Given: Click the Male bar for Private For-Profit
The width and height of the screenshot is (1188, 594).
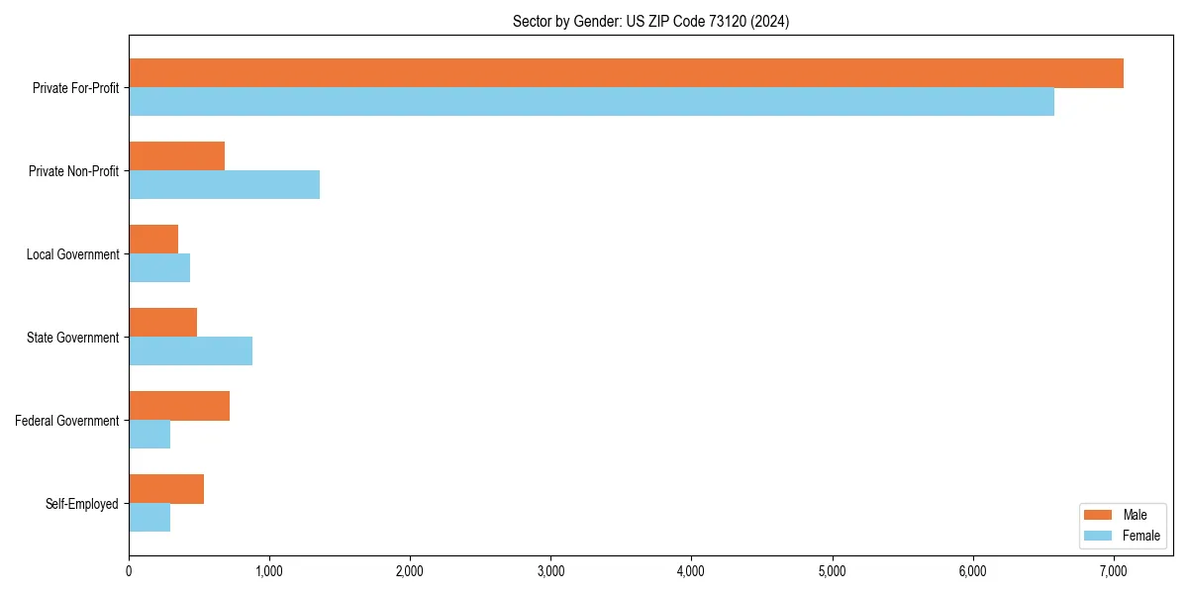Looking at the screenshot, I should (626, 73).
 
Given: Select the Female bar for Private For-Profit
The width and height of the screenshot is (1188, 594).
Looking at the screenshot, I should (591, 102).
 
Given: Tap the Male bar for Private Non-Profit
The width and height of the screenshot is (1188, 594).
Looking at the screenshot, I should (176, 156).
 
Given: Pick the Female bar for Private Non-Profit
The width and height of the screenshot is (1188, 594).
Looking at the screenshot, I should (224, 185).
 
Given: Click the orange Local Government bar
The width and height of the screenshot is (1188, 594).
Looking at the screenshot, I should (153, 240).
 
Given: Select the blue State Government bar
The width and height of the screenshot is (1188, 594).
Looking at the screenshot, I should (190, 351).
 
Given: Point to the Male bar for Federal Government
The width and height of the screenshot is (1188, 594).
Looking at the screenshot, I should (179, 406).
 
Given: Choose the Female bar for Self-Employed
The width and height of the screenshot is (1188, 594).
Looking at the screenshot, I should (149, 518).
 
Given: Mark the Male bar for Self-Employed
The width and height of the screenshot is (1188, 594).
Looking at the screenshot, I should (166, 489).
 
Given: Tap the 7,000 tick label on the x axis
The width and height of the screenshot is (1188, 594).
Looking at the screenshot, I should (1114, 570).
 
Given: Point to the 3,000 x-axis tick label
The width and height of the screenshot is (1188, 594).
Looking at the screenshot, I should (550, 570).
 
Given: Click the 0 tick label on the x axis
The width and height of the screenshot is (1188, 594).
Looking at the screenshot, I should (129, 570).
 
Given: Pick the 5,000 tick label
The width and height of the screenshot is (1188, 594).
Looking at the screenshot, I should (832, 570).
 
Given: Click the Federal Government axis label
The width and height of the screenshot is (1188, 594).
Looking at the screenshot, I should (67, 421).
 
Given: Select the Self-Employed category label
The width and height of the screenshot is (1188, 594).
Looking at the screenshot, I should (81, 504).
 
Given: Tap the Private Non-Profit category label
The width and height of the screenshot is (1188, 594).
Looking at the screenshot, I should (73, 171).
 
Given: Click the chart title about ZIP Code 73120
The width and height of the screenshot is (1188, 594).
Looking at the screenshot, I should (650, 21).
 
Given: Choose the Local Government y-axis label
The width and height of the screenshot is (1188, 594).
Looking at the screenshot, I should (72, 254).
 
